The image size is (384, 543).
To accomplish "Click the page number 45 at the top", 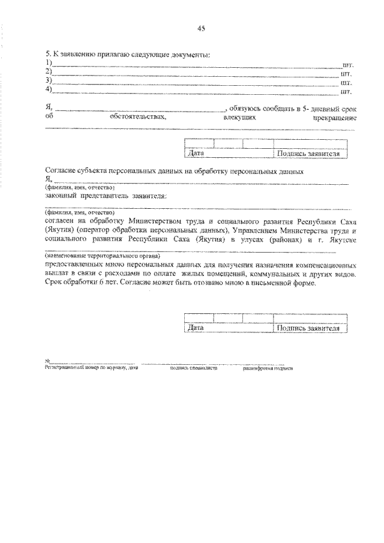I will [x=201, y=29].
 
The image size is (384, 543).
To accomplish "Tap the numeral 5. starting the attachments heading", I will [x=48, y=55].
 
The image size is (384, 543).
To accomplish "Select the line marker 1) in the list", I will [x=49, y=64].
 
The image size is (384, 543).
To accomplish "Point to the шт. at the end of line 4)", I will [x=346, y=92].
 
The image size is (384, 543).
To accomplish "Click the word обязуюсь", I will [x=245, y=109].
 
